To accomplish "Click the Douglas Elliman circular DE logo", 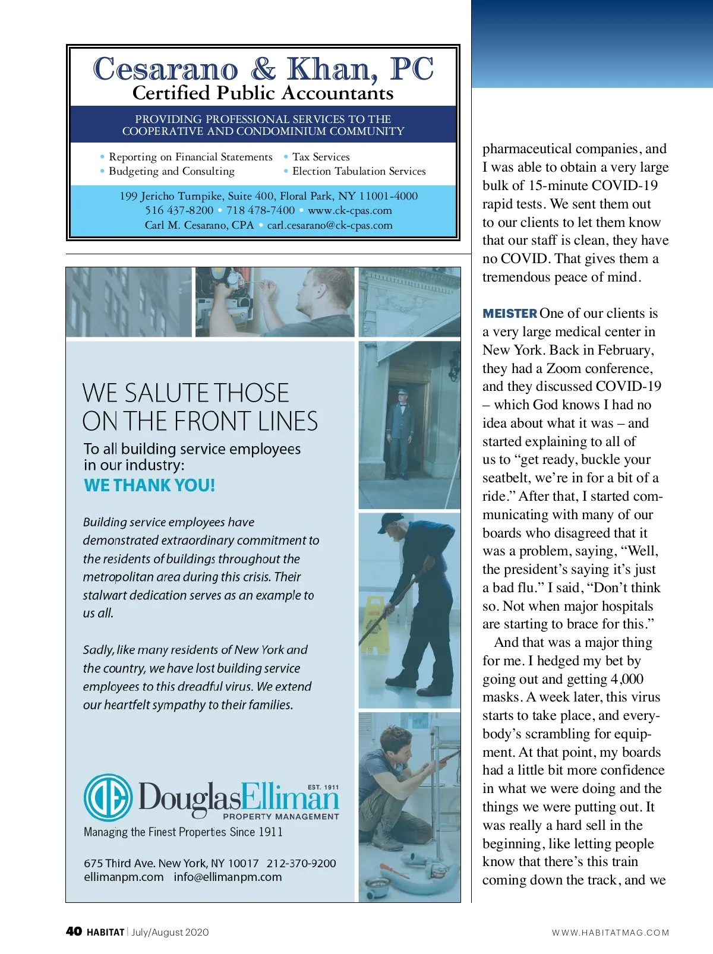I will coord(108,797).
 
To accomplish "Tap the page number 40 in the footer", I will coord(74,931).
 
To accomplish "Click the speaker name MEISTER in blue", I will coord(510,314).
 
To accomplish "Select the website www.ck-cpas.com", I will coord(349,210).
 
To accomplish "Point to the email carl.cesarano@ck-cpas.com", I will coord(330,225).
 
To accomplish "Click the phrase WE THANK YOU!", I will coord(149,485).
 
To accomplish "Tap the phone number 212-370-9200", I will coord(301,863).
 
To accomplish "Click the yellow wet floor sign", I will coord(373,624).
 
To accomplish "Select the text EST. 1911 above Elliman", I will coord(323,787).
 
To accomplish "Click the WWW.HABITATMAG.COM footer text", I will coord(610,933).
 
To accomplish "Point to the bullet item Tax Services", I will coord(321,157).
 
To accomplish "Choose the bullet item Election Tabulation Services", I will coord(359,171).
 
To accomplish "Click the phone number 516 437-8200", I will coord(179,210).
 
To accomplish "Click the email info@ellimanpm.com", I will coord(228,877).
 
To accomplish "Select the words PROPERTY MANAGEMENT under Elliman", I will coord(280,816).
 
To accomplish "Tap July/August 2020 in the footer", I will coord(170,932).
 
